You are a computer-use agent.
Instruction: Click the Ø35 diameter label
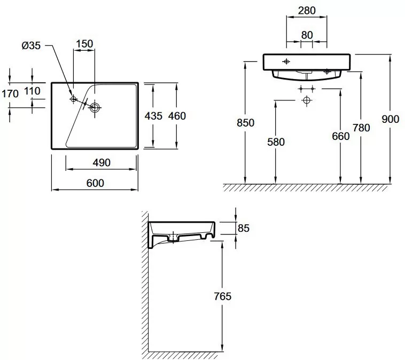click(x=31, y=46)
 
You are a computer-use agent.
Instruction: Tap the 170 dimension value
click(x=10, y=93)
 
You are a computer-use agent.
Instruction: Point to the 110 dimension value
click(x=32, y=91)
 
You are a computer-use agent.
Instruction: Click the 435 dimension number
click(x=154, y=115)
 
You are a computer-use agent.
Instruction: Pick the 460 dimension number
click(x=177, y=115)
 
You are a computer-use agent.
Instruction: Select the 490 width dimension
click(x=101, y=162)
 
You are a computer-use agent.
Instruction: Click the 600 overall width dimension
click(x=94, y=183)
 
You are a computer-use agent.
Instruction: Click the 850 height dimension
click(x=246, y=122)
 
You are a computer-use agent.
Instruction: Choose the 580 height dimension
click(x=276, y=142)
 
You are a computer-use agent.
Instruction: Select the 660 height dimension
click(x=340, y=136)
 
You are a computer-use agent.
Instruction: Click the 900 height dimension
click(x=391, y=119)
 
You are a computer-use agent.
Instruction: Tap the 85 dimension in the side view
click(x=243, y=228)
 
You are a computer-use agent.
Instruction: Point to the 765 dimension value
click(x=222, y=296)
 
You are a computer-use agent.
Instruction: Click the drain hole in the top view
click(x=95, y=107)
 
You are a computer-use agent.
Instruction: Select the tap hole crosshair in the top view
click(x=74, y=99)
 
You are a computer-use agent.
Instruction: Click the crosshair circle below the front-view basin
click(x=306, y=100)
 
